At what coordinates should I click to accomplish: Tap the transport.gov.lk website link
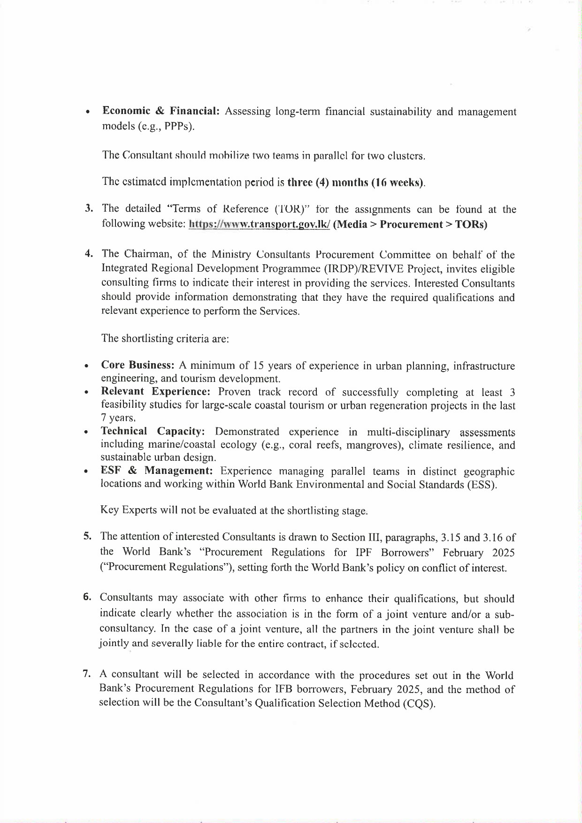click(x=259, y=224)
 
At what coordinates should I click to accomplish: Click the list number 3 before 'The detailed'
click(x=88, y=208)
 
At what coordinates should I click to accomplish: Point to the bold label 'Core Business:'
click(x=138, y=365)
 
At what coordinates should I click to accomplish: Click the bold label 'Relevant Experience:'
click(x=155, y=392)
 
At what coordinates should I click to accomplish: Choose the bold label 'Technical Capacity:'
click(x=153, y=431)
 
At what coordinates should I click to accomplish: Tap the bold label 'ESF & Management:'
click(x=157, y=471)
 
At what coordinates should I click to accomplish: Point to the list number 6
click(x=87, y=597)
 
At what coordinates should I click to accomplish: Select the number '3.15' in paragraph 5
click(x=451, y=537)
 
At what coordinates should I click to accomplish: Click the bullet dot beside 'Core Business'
click(x=86, y=366)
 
